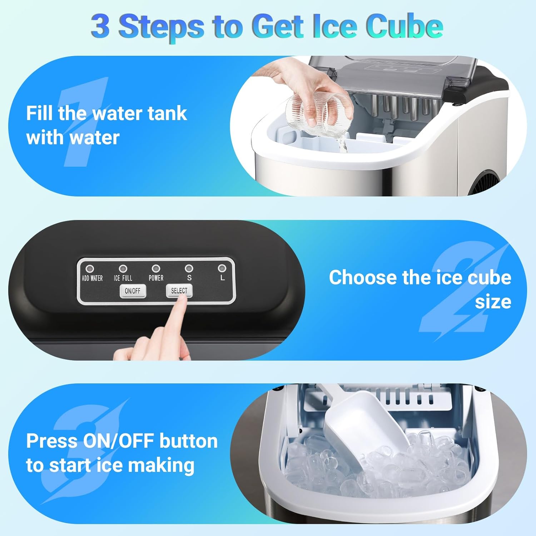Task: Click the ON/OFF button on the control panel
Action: click(133, 291)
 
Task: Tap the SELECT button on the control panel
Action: click(179, 291)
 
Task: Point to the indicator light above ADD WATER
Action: click(90, 268)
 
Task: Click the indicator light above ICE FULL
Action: click(123, 268)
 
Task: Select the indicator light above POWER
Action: click(156, 268)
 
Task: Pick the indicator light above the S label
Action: click(189, 268)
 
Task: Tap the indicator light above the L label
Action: click(222, 268)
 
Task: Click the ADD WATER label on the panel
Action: click(92, 278)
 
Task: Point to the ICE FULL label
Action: click(123, 278)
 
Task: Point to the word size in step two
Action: click(493, 302)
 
